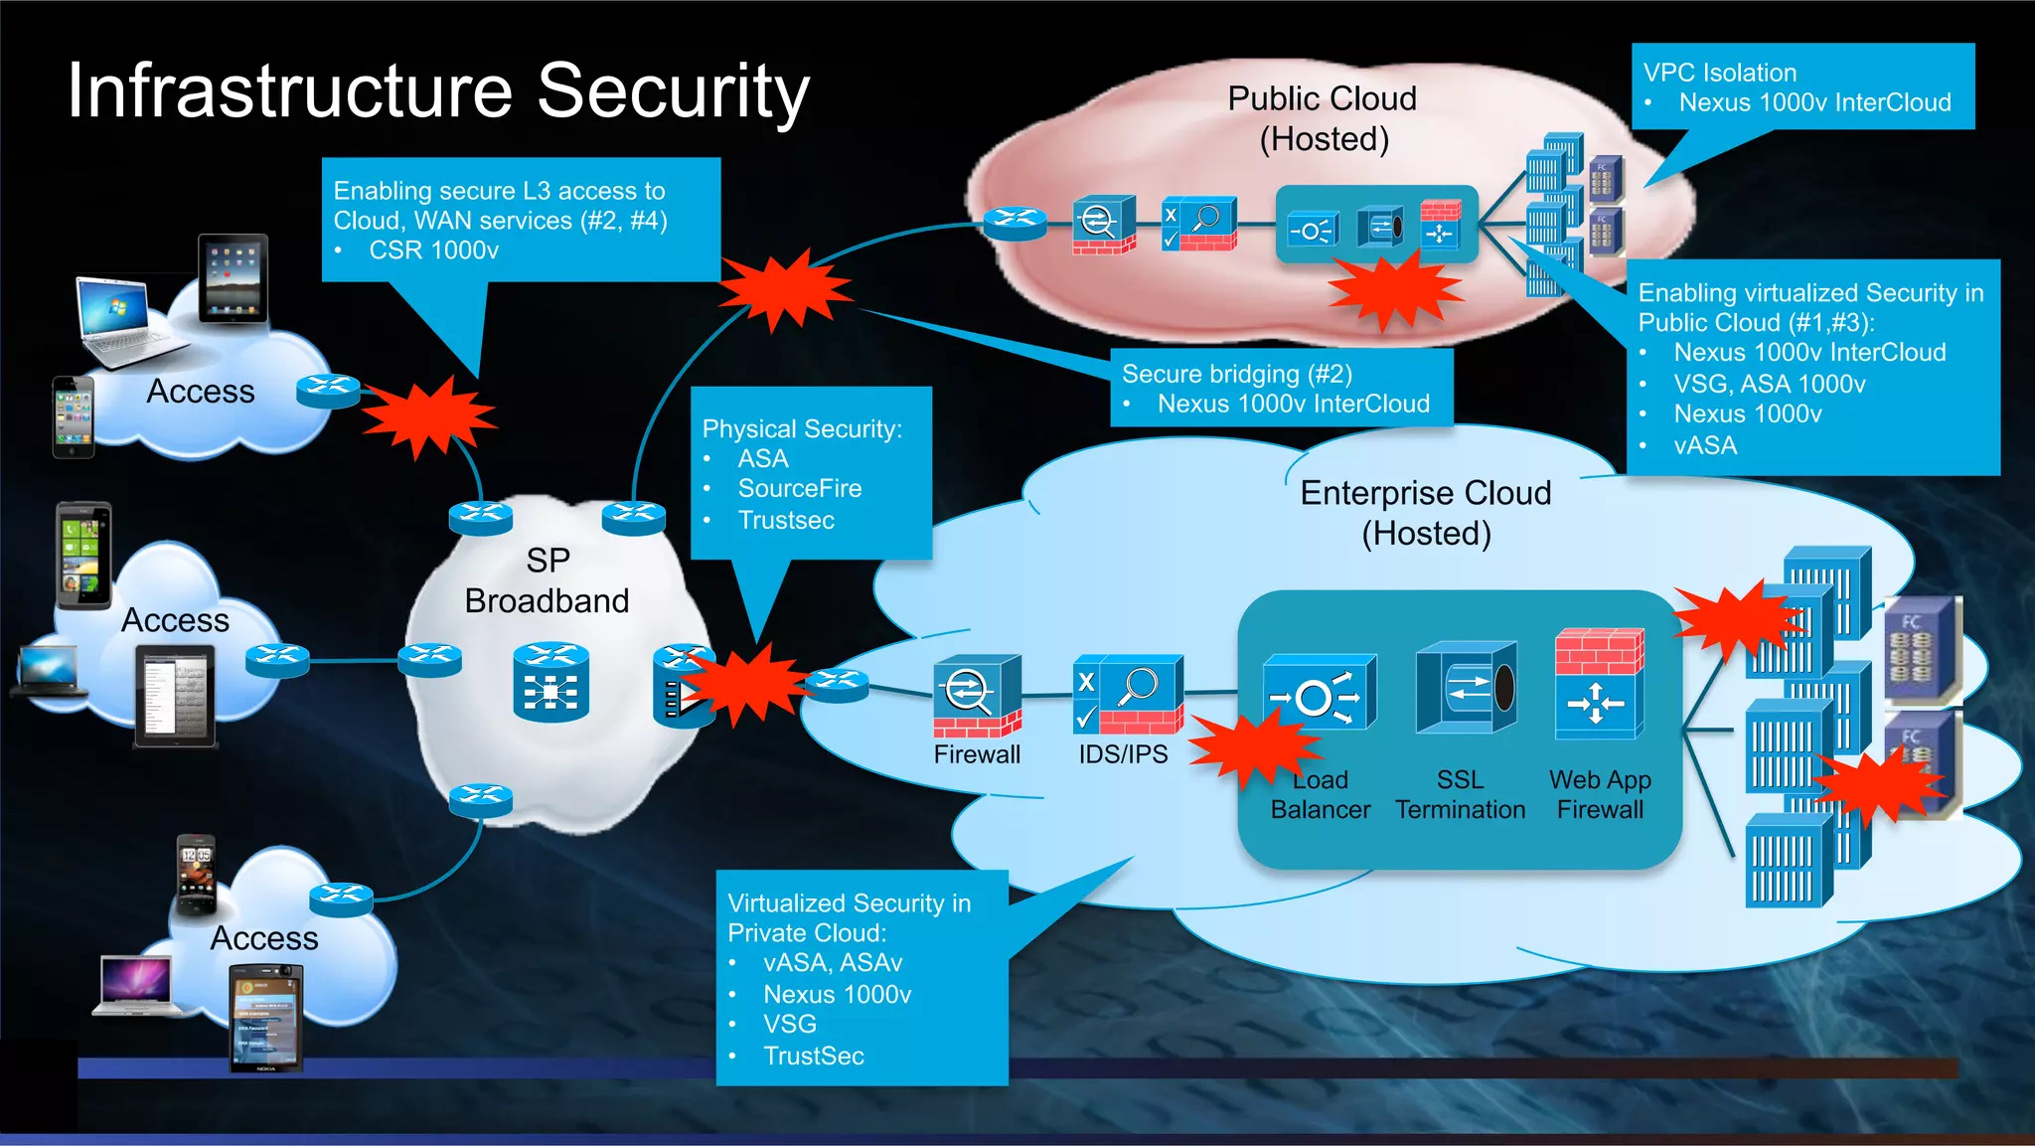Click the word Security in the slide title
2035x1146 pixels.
[x=673, y=91]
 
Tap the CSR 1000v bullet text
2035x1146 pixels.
[x=433, y=250]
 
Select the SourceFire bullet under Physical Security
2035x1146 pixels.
[x=799, y=489]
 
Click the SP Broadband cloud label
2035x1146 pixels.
[x=547, y=580]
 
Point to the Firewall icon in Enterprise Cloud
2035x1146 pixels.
[x=977, y=695]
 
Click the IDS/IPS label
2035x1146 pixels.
[x=1123, y=754]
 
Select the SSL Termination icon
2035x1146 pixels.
[x=1466, y=688]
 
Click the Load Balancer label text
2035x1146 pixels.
[x=1321, y=795]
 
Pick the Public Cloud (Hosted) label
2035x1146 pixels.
[x=1323, y=118]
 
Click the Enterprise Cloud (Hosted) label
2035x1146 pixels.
[x=1426, y=513]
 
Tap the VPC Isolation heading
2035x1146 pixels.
[x=1719, y=73]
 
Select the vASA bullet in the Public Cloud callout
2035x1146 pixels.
[x=1705, y=445]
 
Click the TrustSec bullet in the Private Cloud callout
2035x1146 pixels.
[x=813, y=1056]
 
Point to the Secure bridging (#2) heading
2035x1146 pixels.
[x=1236, y=374]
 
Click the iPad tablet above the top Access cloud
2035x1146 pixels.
[x=233, y=278]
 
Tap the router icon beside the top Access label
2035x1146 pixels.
[x=328, y=390]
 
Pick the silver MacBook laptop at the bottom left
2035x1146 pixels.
[x=136, y=985]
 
